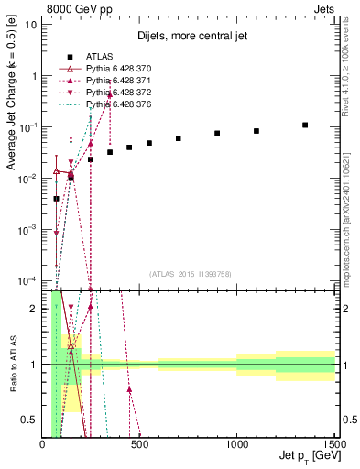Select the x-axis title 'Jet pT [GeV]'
[306, 456]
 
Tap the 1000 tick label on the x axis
[236, 443]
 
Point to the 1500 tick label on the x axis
[335, 443]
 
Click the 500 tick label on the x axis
[139, 443]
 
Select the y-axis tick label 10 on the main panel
[30, 24]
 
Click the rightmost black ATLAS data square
[305, 125]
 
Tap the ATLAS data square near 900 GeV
[217, 134]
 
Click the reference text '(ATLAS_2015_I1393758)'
[189, 273]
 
